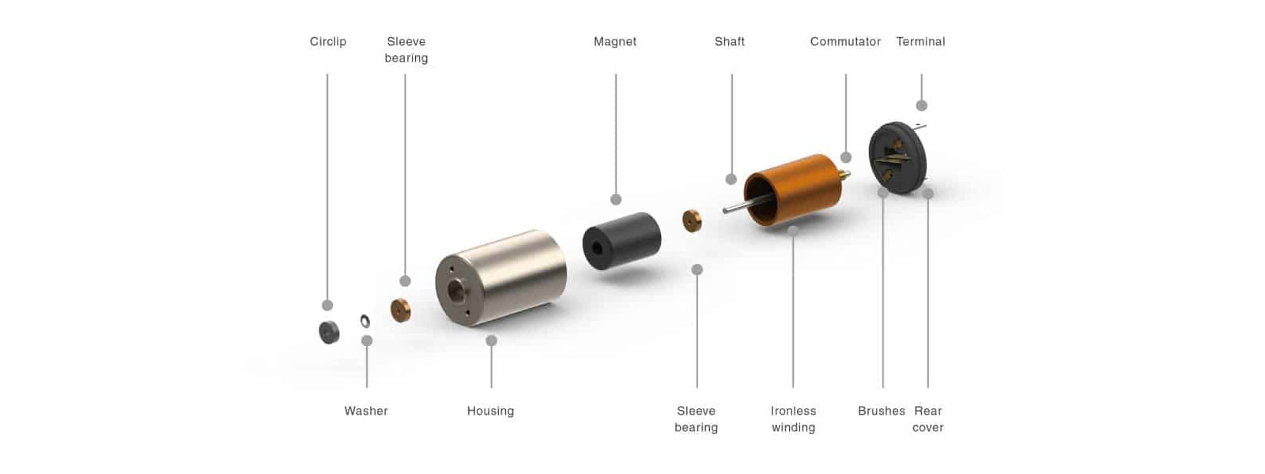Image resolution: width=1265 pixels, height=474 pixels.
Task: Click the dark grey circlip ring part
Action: tap(329, 333)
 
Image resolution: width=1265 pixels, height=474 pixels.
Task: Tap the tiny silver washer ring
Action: tap(364, 321)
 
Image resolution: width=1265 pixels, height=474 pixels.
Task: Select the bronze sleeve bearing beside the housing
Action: tap(400, 310)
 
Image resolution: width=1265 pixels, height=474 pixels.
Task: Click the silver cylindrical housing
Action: tap(501, 277)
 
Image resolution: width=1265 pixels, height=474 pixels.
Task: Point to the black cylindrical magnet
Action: tap(621, 241)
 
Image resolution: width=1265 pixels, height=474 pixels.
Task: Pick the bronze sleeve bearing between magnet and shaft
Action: tap(692, 220)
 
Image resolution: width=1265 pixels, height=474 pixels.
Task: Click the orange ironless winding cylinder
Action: tap(792, 190)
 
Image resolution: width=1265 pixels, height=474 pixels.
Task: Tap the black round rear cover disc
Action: tap(897, 157)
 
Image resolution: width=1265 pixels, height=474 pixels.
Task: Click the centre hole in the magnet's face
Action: tap(597, 247)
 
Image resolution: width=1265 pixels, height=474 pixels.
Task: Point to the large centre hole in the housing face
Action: tap(455, 291)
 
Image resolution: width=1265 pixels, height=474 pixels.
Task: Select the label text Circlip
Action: tap(327, 42)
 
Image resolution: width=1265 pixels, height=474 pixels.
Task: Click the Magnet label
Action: tap(615, 42)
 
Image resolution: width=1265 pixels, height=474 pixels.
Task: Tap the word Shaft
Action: tap(730, 42)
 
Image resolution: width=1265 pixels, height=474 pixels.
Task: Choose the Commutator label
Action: tap(845, 42)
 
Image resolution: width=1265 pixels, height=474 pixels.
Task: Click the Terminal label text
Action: tap(920, 42)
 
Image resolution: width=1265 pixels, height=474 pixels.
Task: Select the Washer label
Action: tap(366, 411)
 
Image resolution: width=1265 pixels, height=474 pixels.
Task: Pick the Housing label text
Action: tap(490, 412)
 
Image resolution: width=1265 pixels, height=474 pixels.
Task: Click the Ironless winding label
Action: tap(794, 419)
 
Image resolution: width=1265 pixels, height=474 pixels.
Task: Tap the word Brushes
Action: tap(881, 411)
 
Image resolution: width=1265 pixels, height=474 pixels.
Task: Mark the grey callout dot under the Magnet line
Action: tap(616, 199)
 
